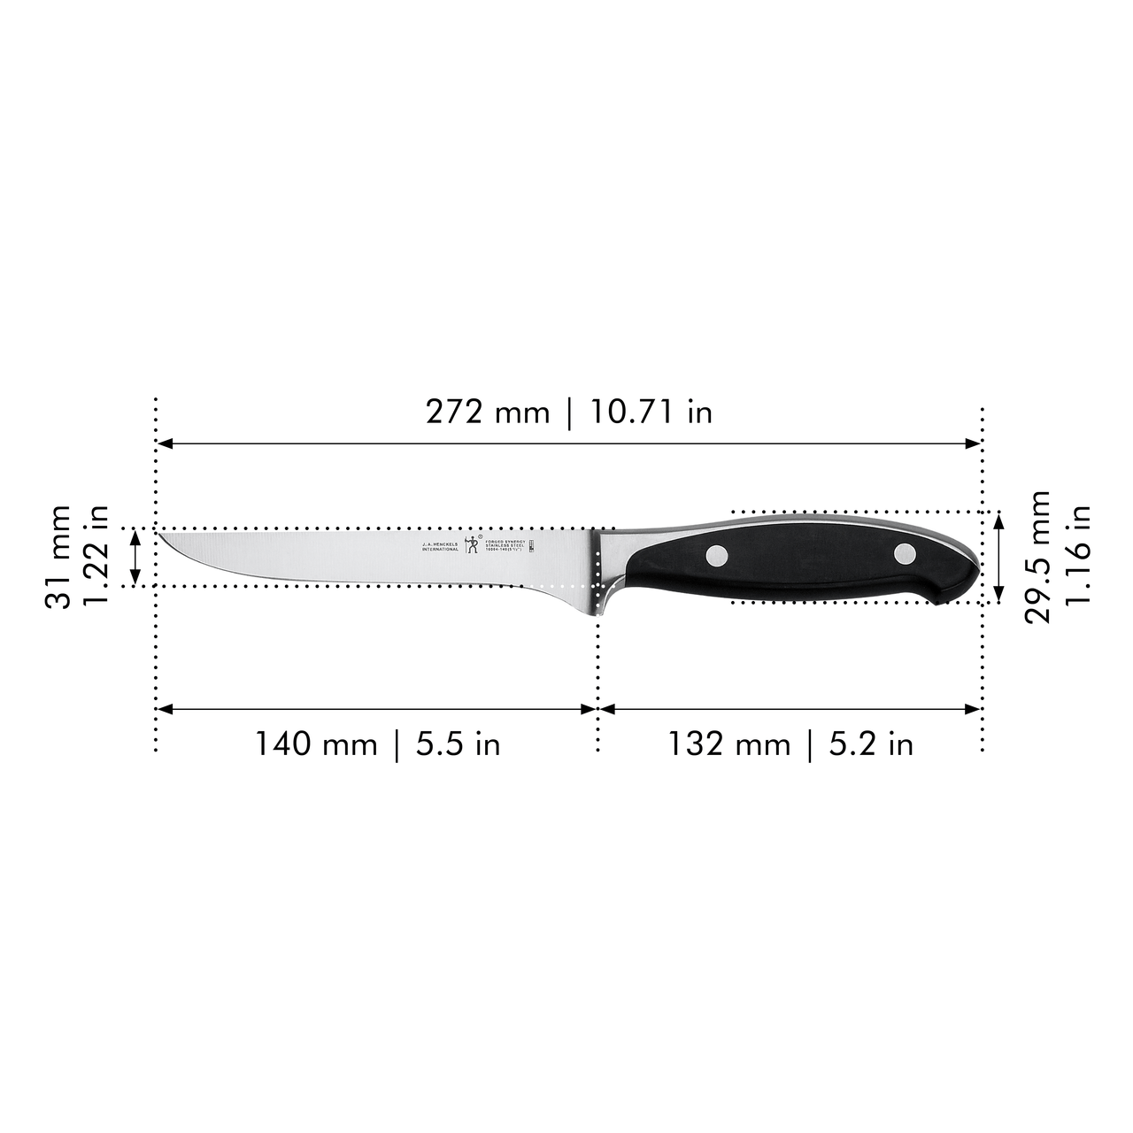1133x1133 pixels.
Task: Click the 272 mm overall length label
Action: click(487, 412)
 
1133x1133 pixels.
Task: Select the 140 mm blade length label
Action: click(316, 744)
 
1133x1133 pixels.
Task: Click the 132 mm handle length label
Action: click(728, 744)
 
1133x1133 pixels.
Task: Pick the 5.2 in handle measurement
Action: click(871, 744)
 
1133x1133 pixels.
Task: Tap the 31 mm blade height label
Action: click(59, 557)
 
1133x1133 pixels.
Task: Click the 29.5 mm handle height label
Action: click(1037, 557)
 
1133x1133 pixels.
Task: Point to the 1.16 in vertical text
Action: click(1077, 557)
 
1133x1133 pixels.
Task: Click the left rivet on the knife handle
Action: click(717, 556)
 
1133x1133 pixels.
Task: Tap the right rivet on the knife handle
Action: click(904, 554)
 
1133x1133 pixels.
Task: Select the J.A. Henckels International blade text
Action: click(440, 546)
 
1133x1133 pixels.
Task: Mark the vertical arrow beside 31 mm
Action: click(135, 557)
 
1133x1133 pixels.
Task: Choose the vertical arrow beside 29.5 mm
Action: click(998, 558)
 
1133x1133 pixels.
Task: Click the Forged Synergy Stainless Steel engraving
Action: click(506, 545)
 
